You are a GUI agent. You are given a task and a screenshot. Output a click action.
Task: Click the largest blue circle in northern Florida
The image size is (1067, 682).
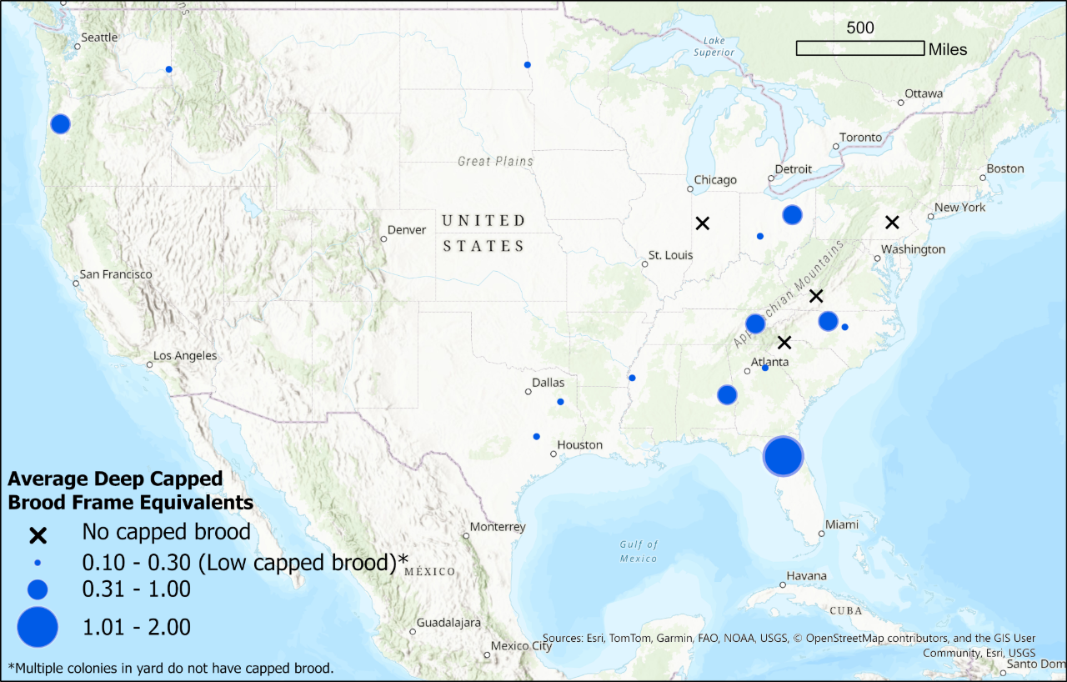(x=783, y=456)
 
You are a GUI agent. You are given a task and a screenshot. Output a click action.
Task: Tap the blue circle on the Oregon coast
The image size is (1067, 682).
(x=60, y=123)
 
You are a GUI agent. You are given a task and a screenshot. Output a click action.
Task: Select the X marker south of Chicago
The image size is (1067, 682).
(x=703, y=223)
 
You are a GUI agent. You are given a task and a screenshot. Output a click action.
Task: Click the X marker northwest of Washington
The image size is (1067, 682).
(x=892, y=222)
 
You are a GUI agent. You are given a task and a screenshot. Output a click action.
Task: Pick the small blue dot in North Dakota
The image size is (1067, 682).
(x=527, y=64)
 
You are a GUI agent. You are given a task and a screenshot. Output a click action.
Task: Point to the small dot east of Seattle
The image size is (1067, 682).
(x=169, y=69)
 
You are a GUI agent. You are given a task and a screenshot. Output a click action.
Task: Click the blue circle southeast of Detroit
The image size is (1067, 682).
(x=792, y=214)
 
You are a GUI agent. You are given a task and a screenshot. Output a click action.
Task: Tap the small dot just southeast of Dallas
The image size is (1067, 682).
(x=560, y=402)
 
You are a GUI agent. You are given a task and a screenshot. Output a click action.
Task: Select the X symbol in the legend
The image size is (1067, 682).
(x=38, y=533)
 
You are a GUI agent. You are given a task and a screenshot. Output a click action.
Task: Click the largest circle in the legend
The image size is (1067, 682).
(x=38, y=627)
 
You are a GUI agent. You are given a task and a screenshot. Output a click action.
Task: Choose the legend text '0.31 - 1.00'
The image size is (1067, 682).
(x=136, y=589)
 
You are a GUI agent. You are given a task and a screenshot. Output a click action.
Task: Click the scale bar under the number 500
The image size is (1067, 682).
(x=859, y=48)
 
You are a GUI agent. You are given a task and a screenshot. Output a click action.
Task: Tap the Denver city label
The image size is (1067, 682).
(x=406, y=230)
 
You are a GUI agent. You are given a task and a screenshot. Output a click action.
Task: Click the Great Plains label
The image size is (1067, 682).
(x=495, y=161)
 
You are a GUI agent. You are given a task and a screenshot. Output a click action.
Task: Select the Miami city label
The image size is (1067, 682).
(x=841, y=525)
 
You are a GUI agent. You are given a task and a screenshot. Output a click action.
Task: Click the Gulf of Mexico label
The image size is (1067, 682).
(x=639, y=551)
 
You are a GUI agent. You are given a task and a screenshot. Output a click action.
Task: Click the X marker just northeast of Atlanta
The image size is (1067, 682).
(x=784, y=342)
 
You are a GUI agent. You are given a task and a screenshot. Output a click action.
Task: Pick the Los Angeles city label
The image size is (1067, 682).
(x=184, y=356)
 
